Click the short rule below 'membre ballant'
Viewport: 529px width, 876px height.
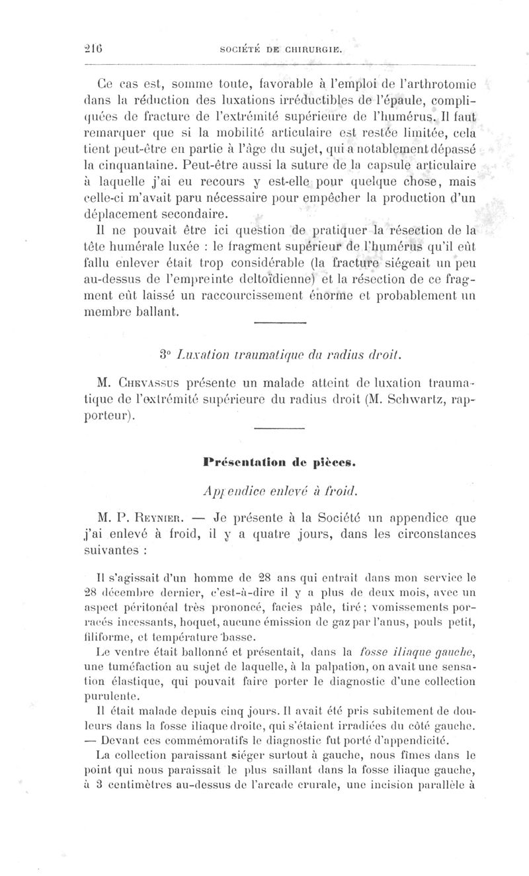280,324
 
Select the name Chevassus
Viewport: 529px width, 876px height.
154,384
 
